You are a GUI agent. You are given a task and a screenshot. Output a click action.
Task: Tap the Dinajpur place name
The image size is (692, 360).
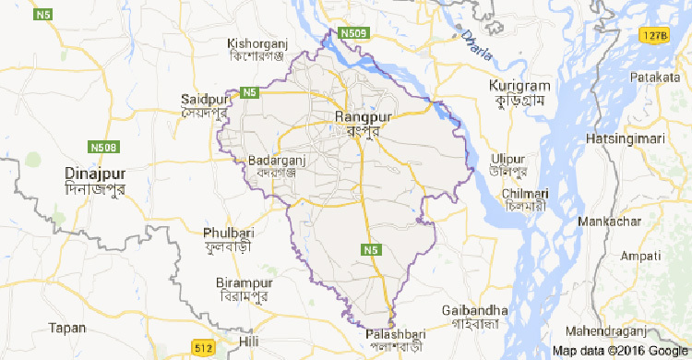(95, 173)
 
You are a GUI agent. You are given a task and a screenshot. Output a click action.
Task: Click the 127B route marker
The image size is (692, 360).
(653, 34)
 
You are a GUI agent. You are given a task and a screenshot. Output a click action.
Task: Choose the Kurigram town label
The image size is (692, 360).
(519, 86)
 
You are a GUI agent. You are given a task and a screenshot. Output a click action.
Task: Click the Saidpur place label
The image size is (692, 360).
(204, 98)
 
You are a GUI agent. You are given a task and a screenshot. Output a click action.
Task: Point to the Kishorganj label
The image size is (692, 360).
(259, 43)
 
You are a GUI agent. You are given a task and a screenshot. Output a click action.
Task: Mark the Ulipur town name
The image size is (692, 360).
(509, 157)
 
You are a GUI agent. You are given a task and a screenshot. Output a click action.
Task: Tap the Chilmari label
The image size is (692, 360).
(526, 193)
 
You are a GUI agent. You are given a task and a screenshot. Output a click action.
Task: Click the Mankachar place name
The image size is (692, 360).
(609, 222)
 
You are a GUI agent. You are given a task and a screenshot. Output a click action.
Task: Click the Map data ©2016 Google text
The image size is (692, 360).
(618, 351)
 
